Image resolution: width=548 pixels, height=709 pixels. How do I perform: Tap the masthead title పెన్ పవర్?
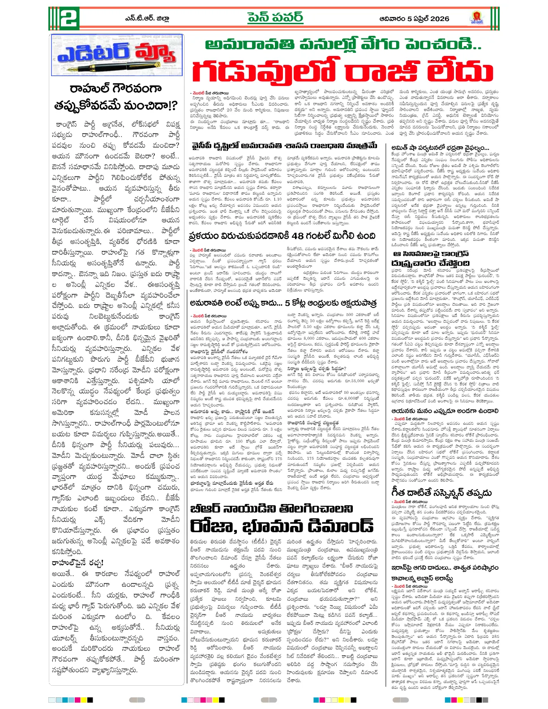[x=275, y=18]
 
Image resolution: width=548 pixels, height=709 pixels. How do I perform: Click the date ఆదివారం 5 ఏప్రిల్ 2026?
[x=414, y=19]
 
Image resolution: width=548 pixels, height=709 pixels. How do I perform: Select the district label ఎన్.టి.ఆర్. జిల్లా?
[x=147, y=19]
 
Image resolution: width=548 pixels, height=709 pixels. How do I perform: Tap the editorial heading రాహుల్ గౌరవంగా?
[x=116, y=88]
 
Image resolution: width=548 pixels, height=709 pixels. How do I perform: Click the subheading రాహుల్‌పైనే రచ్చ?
[x=77, y=563]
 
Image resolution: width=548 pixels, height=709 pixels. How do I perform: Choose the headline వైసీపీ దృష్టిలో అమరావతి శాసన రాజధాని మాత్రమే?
[x=284, y=146]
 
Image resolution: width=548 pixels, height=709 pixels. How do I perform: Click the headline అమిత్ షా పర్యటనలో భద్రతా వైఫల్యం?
[x=440, y=148]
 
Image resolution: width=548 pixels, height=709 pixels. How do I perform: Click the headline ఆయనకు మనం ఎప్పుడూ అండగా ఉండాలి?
[x=445, y=410]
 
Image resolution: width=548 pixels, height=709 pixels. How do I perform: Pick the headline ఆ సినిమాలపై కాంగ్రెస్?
[x=430, y=254]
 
